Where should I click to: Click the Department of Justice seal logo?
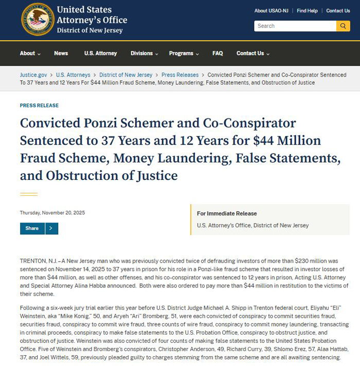pyautogui.click(x=37, y=19)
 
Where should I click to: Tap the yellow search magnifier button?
pyautogui.click(x=343, y=26)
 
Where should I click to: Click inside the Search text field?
pyautogui.click(x=295, y=26)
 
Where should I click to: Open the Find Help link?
pyautogui.click(x=307, y=10)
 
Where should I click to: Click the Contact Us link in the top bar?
pyautogui.click(x=338, y=10)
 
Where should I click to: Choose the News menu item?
pyautogui.click(x=61, y=53)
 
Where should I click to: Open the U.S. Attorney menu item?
pyautogui.click(x=100, y=53)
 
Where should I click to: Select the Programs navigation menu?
pyautogui.click(x=184, y=53)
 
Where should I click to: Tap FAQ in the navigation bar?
pyautogui.click(x=218, y=53)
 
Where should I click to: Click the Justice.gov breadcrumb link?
pyautogui.click(x=33, y=75)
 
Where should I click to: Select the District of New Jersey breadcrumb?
pyautogui.click(x=126, y=75)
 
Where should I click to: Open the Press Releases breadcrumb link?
pyautogui.click(x=180, y=75)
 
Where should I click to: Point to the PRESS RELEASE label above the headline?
pyautogui.click(x=39, y=105)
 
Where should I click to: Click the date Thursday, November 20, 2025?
pyautogui.click(x=52, y=212)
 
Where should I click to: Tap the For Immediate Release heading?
pyautogui.click(x=227, y=213)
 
